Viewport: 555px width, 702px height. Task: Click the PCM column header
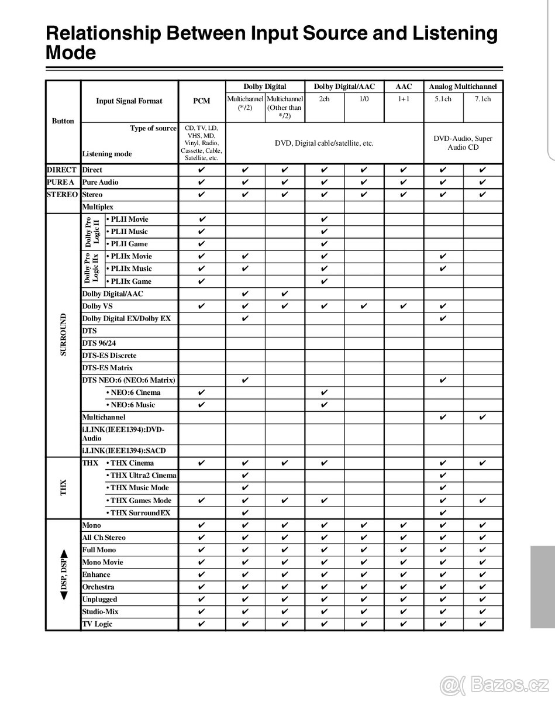click(202, 101)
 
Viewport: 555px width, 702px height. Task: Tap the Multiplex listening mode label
click(98, 207)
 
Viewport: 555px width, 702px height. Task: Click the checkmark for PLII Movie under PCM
click(202, 219)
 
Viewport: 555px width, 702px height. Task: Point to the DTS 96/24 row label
click(99, 343)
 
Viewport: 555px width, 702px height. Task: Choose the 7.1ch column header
click(482, 99)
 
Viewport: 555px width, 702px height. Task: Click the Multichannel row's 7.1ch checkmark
click(482, 417)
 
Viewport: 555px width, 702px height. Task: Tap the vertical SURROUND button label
click(63, 335)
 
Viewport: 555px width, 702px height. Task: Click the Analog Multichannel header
click(463, 87)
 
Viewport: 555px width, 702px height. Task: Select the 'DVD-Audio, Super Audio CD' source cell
click(463, 143)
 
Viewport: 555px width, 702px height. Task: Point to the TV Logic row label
click(97, 624)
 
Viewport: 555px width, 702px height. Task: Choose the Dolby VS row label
click(97, 306)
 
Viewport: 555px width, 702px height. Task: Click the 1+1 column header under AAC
click(404, 99)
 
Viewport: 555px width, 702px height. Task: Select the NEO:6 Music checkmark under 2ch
click(325, 405)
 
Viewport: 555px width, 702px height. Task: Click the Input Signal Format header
click(129, 101)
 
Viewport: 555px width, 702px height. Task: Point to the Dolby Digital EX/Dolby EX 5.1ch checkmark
click(443, 318)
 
